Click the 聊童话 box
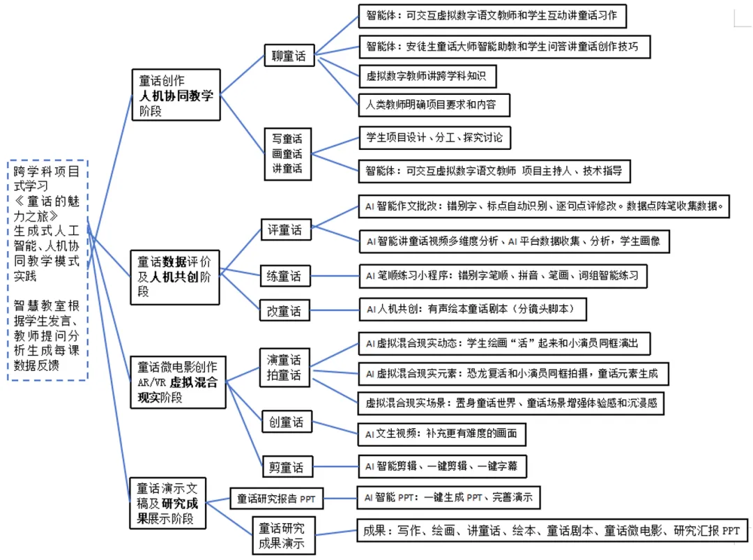[x=289, y=56]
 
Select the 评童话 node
[x=284, y=229]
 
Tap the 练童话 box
[x=284, y=276]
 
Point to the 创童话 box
[x=286, y=423]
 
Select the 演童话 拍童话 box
[x=284, y=368]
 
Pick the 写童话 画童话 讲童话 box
[x=287, y=153]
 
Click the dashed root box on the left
[x=47, y=270]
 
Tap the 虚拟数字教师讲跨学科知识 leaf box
[x=426, y=75]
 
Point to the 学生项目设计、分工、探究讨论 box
[x=434, y=137]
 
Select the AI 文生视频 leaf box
[x=441, y=433]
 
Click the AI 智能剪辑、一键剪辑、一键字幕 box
[x=441, y=466]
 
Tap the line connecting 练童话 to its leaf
[x=333, y=276]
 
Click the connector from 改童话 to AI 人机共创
[x=333, y=310]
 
